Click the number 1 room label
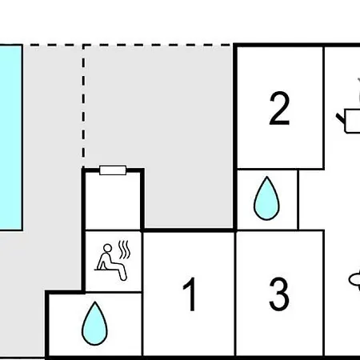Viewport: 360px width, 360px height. pyautogui.click(x=190, y=294)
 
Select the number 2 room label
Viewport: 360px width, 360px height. pyautogui.click(x=279, y=108)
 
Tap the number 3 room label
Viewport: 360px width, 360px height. pyautogui.click(x=279, y=294)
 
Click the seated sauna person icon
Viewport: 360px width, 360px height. pyautogui.click(x=111, y=262)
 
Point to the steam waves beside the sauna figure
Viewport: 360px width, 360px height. pyautogui.click(x=124, y=250)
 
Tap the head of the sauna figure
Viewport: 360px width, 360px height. pyautogui.click(x=107, y=248)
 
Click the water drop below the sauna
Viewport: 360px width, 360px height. pyautogui.click(x=94, y=323)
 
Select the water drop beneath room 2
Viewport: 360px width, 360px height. pyautogui.click(x=266, y=198)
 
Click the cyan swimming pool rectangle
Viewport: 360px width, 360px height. pyautogui.click(x=10, y=138)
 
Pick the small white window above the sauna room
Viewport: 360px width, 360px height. pyautogui.click(x=113, y=170)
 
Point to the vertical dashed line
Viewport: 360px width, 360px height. pyautogui.click(x=83, y=106)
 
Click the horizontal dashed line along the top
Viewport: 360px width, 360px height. pyautogui.click(x=130, y=46)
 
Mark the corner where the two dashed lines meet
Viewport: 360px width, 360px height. pyautogui.click(x=83, y=46)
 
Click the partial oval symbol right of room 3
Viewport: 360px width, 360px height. pyautogui.click(x=354, y=280)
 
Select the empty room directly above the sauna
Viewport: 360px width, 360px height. pyautogui.click(x=113, y=202)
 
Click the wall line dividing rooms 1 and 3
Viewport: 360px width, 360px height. pyautogui.click(x=235, y=294)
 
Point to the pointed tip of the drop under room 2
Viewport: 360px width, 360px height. pyautogui.click(x=266, y=176)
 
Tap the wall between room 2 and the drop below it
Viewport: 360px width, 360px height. pyautogui.click(x=281, y=169)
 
